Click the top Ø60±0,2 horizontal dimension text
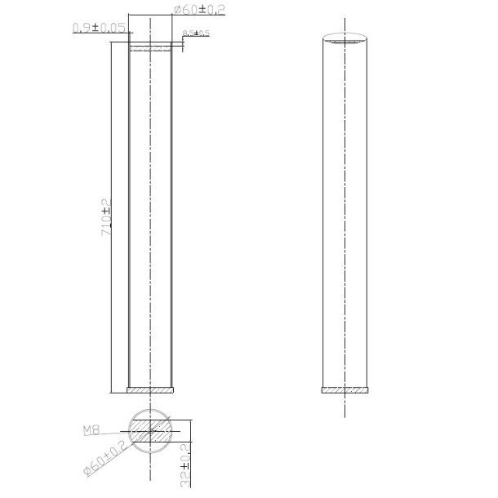[201, 9]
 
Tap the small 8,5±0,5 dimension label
[197, 33]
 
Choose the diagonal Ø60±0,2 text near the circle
[104, 462]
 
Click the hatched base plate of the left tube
[150, 389]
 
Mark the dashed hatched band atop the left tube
[150, 48]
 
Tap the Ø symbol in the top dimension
[178, 9]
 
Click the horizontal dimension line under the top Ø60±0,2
[150, 16]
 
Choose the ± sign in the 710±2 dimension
[105, 211]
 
